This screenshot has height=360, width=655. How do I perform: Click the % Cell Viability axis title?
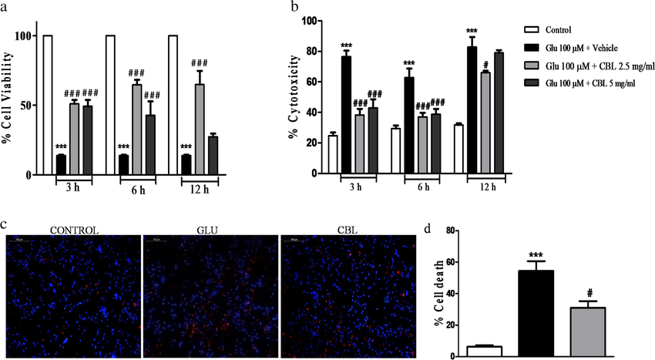point(10,103)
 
